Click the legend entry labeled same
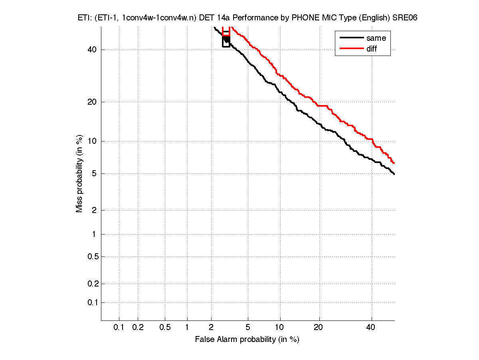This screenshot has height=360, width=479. pos(376,38)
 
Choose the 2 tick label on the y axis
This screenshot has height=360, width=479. pos(94,210)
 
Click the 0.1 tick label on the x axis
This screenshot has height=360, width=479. pos(119,328)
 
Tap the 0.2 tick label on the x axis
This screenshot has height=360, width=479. pos(138,328)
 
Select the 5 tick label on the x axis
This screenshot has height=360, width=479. pos(248,328)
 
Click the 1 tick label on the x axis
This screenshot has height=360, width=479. pos(187,328)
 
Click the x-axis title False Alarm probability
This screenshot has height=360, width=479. pos(247,340)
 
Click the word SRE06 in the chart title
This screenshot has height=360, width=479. pos(405,18)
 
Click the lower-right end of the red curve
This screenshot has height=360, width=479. pos(394,163)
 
